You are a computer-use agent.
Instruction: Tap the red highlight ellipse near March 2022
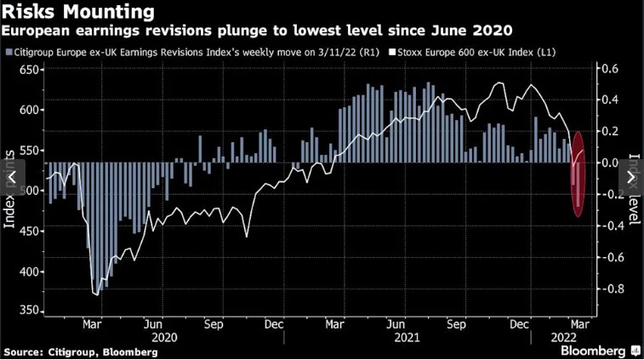click(578, 174)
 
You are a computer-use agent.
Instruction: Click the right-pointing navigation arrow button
click(631, 177)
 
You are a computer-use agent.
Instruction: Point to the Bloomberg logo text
click(587, 350)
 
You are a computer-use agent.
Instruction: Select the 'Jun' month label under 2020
click(154, 323)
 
